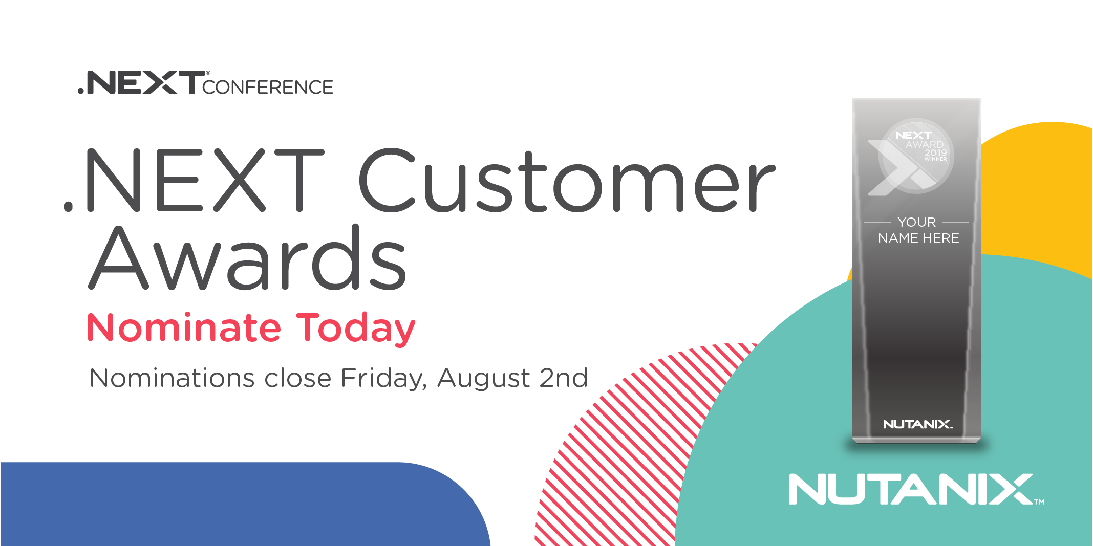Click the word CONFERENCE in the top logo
268,87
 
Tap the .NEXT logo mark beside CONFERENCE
141,82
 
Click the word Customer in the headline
567,181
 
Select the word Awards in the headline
248,257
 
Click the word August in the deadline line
484,379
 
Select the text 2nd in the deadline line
564,378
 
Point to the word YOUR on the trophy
917,222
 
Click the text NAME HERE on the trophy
918,238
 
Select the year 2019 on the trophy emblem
936,152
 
